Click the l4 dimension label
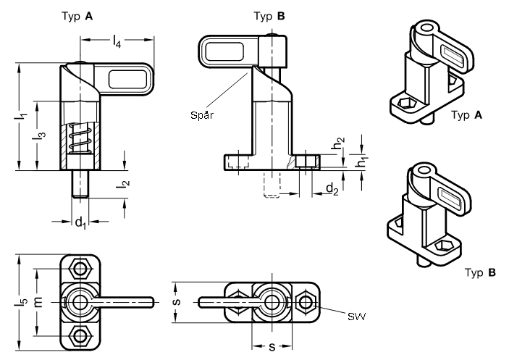(117, 41)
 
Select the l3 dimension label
(39, 135)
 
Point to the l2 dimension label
(123, 185)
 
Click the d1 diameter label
(81, 222)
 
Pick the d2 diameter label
(332, 188)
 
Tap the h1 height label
(362, 162)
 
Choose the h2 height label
(338, 143)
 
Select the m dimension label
(38, 302)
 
